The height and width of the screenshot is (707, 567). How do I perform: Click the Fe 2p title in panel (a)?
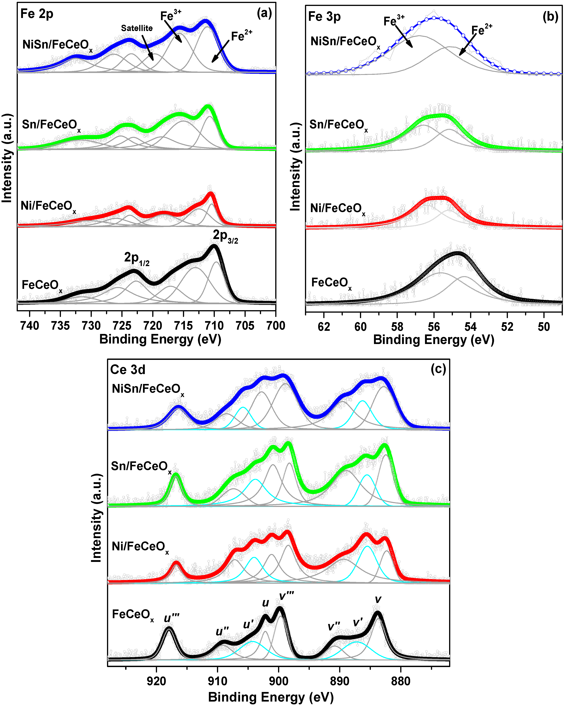coord(37,14)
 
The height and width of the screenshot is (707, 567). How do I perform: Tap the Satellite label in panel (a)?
coord(137,28)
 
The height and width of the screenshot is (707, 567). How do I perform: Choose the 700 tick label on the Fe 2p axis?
coord(275,326)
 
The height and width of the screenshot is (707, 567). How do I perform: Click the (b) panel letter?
coord(550,16)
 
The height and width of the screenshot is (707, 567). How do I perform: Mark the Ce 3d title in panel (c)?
coord(128,370)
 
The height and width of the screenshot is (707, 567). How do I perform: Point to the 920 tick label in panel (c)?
coord(156,681)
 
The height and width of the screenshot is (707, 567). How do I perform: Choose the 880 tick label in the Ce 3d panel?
coord(400,681)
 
